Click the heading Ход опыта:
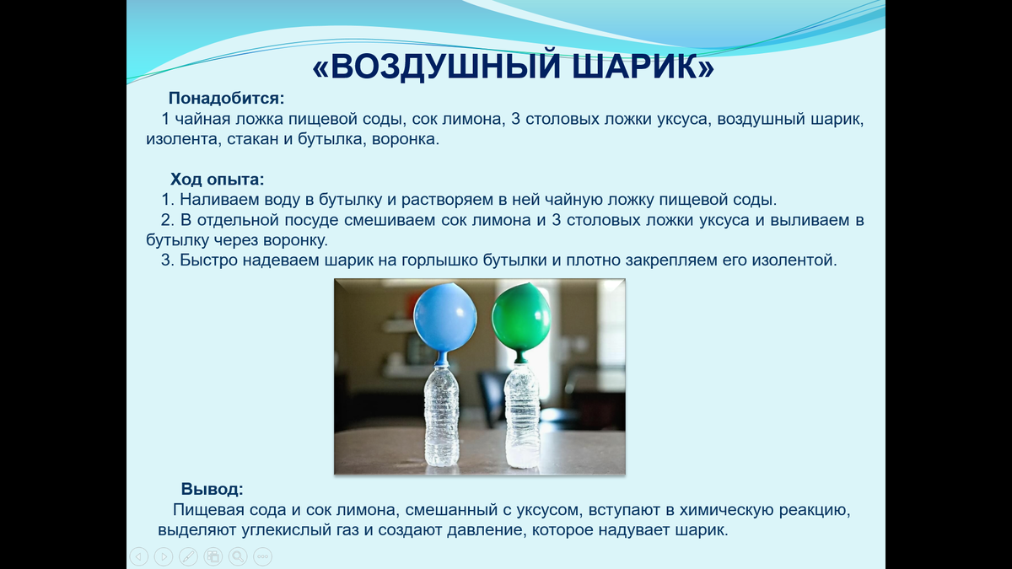pos(218,179)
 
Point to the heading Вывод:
pos(213,489)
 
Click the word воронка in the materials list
pos(405,139)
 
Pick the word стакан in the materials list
pos(252,139)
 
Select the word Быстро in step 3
pos(208,260)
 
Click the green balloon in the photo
pos(521,316)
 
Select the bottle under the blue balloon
pos(442,415)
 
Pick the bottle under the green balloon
pos(522,415)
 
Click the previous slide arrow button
pos(139,556)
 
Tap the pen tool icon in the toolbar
pos(189,556)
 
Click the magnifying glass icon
pos(239,556)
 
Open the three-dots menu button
pos(263,556)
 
